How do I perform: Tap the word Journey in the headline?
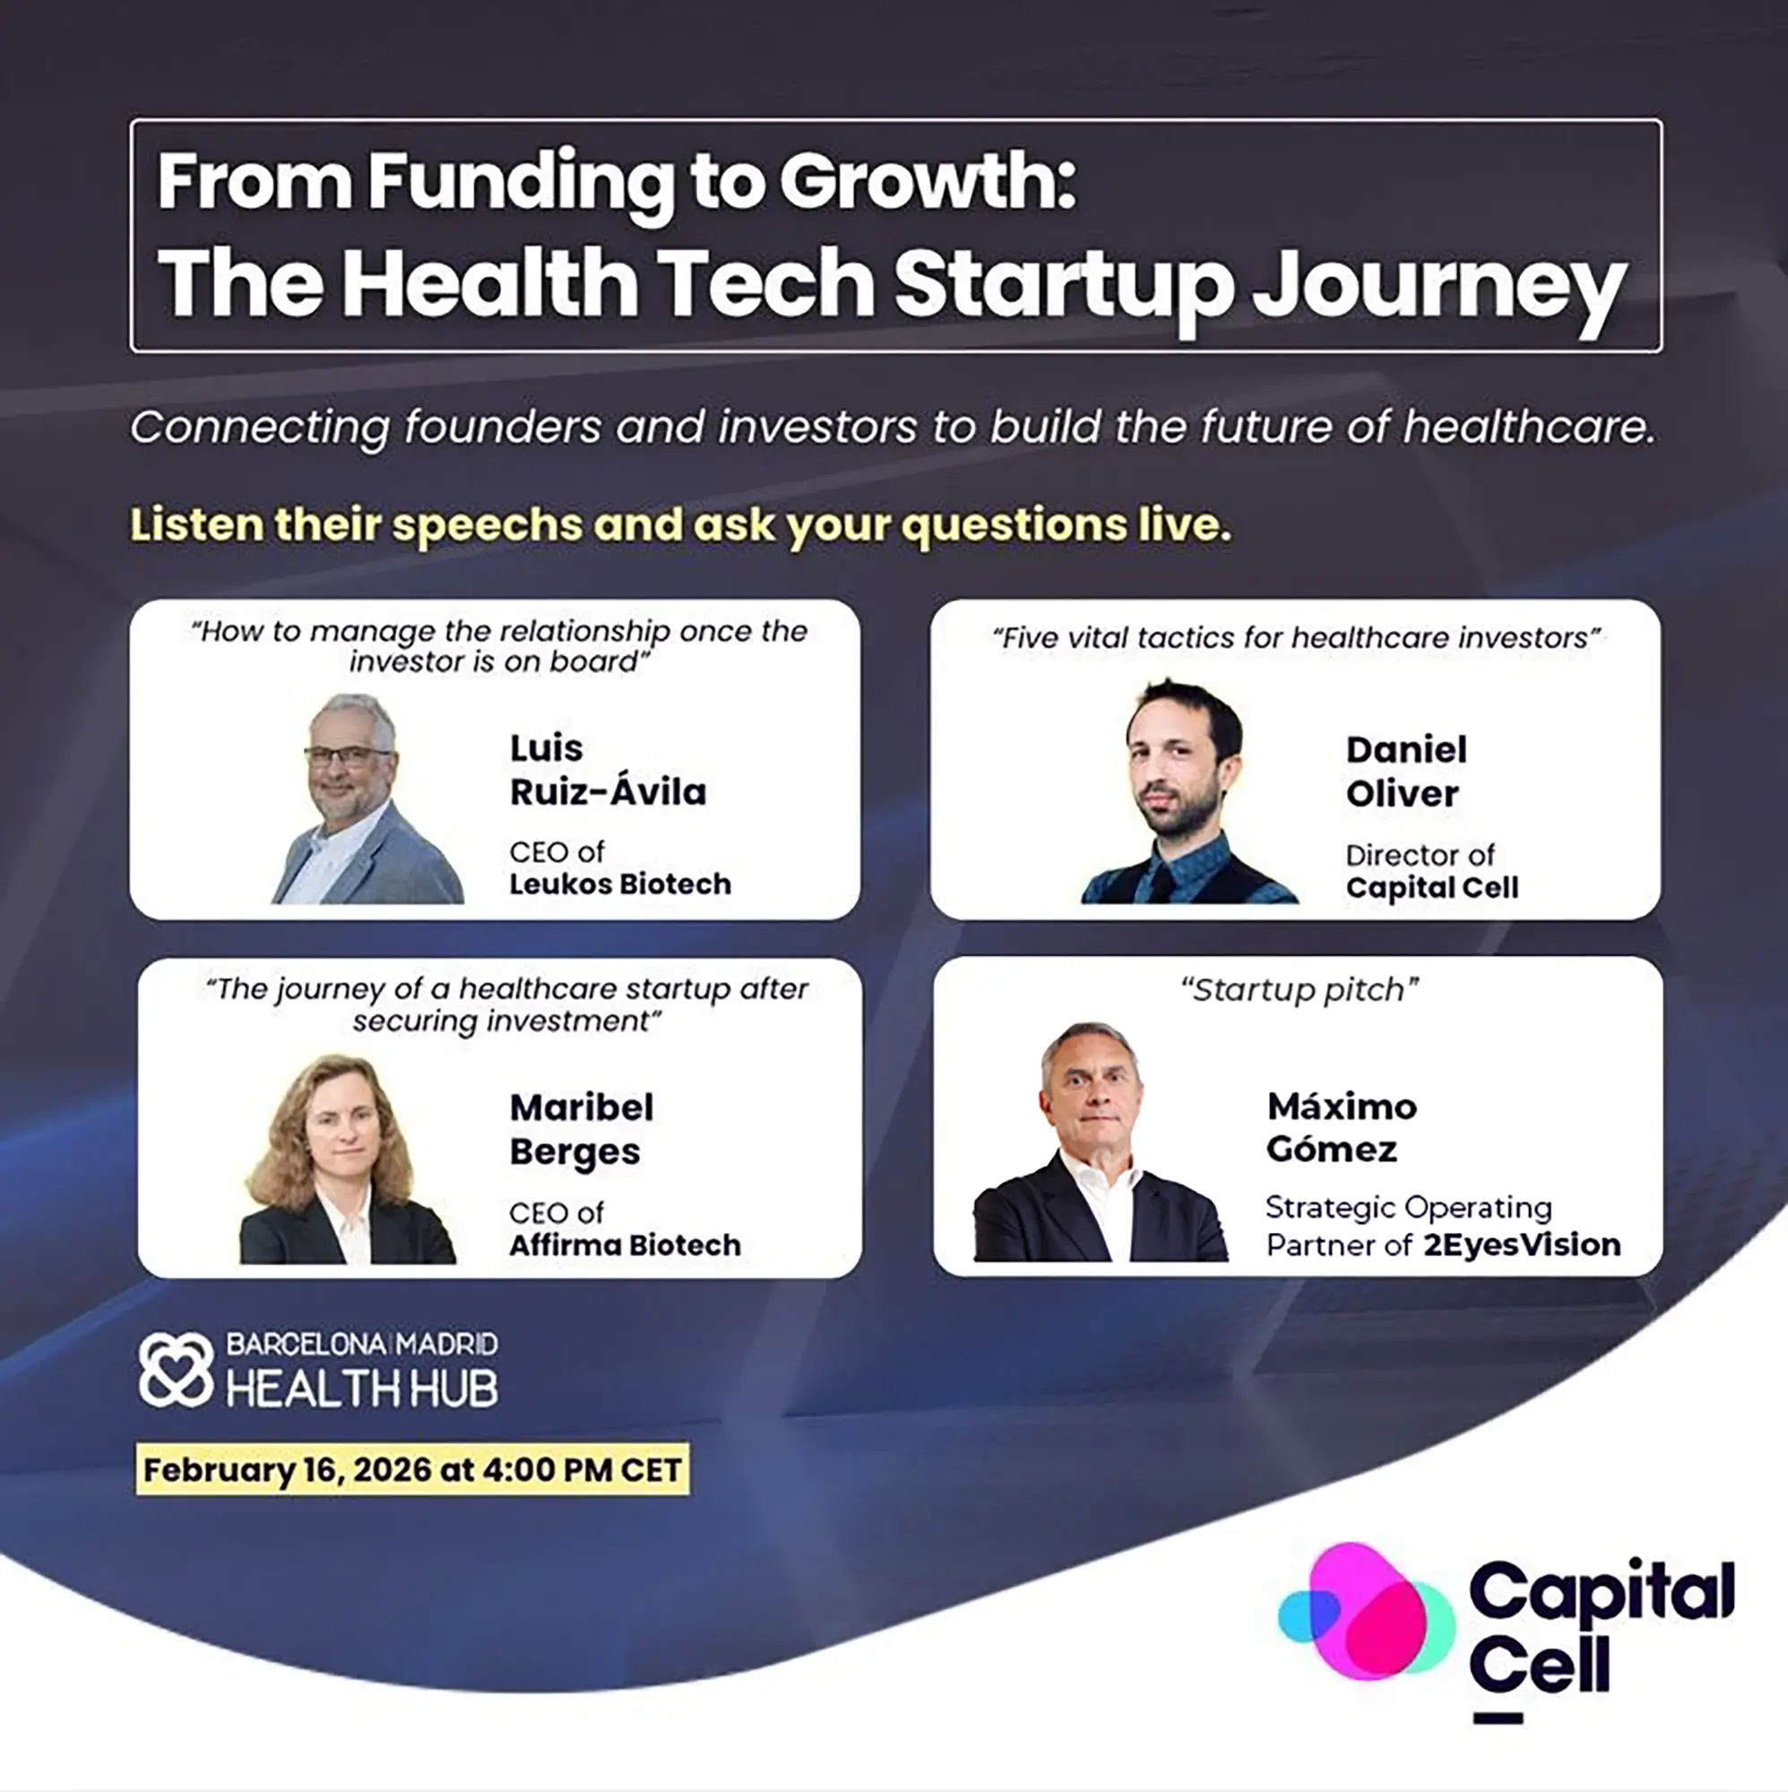(1438, 287)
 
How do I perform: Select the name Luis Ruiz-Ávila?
(608, 770)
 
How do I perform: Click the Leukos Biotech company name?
(620, 884)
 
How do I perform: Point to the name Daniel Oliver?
(1406, 771)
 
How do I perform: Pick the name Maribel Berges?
(582, 1130)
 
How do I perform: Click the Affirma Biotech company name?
(626, 1245)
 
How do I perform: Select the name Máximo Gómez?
(1342, 1127)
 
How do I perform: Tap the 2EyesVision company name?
(1522, 1245)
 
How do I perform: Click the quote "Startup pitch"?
(1299, 991)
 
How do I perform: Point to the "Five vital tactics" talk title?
(1296, 638)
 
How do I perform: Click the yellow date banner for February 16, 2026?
(413, 1469)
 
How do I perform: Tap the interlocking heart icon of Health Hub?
(177, 1370)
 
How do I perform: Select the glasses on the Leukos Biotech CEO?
(347, 756)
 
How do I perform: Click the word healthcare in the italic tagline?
(1528, 427)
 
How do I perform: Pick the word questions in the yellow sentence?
(1015, 526)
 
